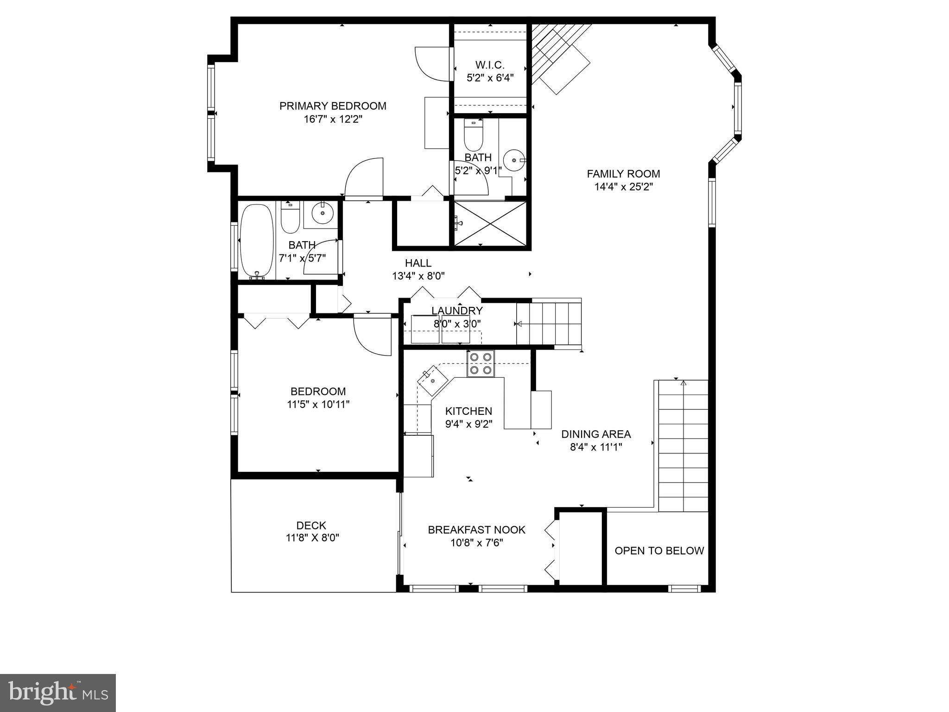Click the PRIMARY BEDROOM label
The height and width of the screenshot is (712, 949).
click(333, 106)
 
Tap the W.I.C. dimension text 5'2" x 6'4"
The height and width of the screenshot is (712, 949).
click(490, 78)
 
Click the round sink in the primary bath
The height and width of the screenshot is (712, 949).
click(514, 160)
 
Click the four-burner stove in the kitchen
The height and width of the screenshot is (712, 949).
click(481, 363)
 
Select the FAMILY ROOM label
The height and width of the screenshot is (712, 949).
click(623, 174)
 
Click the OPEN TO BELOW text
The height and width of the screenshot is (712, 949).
click(659, 551)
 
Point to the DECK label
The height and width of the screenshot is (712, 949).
click(311, 525)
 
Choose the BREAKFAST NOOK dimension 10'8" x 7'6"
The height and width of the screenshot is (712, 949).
click(477, 543)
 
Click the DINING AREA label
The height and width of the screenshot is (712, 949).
click(596, 434)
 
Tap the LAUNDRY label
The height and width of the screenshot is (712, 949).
click(457, 311)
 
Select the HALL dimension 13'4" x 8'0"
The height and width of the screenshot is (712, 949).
click(418, 276)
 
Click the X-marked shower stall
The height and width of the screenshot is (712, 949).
click(491, 224)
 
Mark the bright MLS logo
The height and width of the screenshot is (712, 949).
click(58, 693)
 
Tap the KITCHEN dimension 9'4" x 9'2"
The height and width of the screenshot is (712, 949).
click(468, 424)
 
